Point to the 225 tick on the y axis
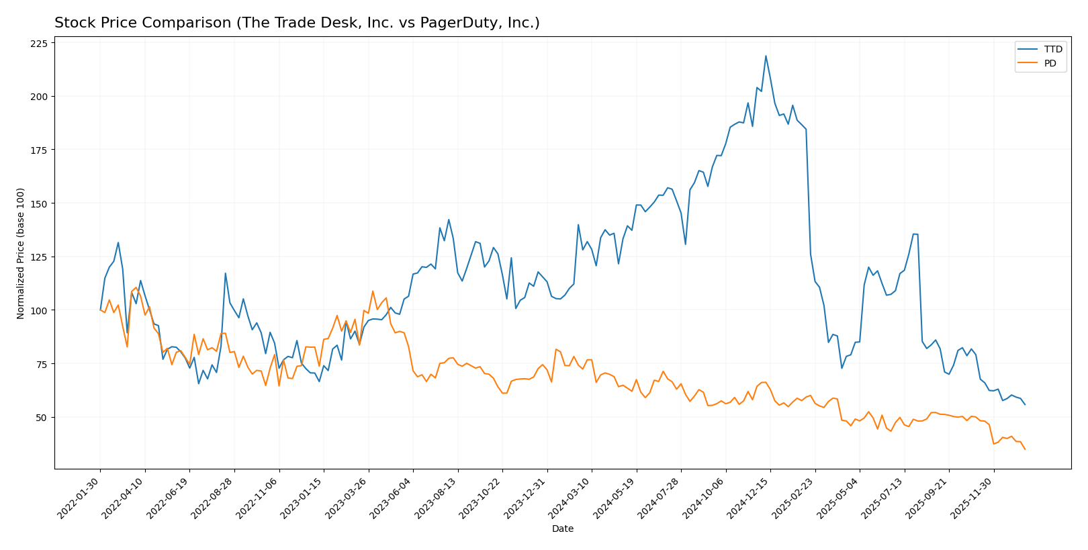[x=39, y=44]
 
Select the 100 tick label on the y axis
[x=39, y=310]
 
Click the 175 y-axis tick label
[x=39, y=150]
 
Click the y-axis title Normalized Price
[x=21, y=253]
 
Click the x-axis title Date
[x=562, y=529]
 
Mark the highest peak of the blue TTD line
[x=766, y=56]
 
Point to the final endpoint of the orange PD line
[x=1025, y=449]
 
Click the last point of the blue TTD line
[x=1025, y=404]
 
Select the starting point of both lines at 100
[x=100, y=310]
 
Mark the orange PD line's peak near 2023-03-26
[x=373, y=291]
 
